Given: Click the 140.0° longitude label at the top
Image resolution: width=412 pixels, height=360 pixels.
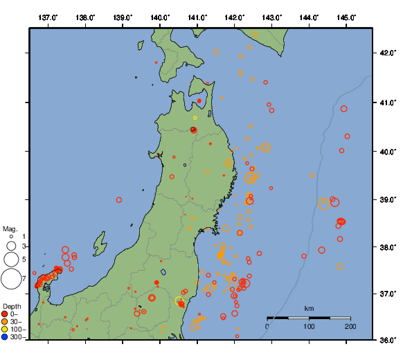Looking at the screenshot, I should coord(159,17).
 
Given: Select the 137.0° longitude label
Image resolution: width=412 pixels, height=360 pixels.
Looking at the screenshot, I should coord(47,17).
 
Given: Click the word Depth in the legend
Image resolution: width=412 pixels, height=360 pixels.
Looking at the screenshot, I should coord(12,306).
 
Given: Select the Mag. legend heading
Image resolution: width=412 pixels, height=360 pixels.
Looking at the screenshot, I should coord(10,228).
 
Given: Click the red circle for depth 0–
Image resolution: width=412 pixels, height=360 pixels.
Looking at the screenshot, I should coord(5,314).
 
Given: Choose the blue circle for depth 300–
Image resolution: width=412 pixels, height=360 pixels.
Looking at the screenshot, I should coord(5,337).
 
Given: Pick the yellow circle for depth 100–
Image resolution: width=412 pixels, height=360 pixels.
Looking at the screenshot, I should coord(5,330).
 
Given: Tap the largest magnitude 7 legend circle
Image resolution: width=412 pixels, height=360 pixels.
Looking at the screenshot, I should coord(10,279).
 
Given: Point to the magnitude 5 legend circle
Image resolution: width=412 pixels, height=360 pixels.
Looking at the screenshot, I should coord(10,260).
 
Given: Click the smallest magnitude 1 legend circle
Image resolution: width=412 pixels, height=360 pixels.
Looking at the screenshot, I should coord(11,237).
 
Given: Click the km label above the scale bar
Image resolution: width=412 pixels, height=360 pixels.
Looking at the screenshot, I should coord(309,308).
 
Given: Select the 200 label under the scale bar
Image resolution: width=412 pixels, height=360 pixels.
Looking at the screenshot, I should coord(350,326).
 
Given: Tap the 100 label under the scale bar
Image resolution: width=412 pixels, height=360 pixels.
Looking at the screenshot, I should coord(309,326).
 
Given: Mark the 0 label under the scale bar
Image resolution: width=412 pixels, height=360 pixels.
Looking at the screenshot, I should coord(268,326).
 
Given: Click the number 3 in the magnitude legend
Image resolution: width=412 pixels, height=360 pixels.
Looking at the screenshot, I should coord(24,246).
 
